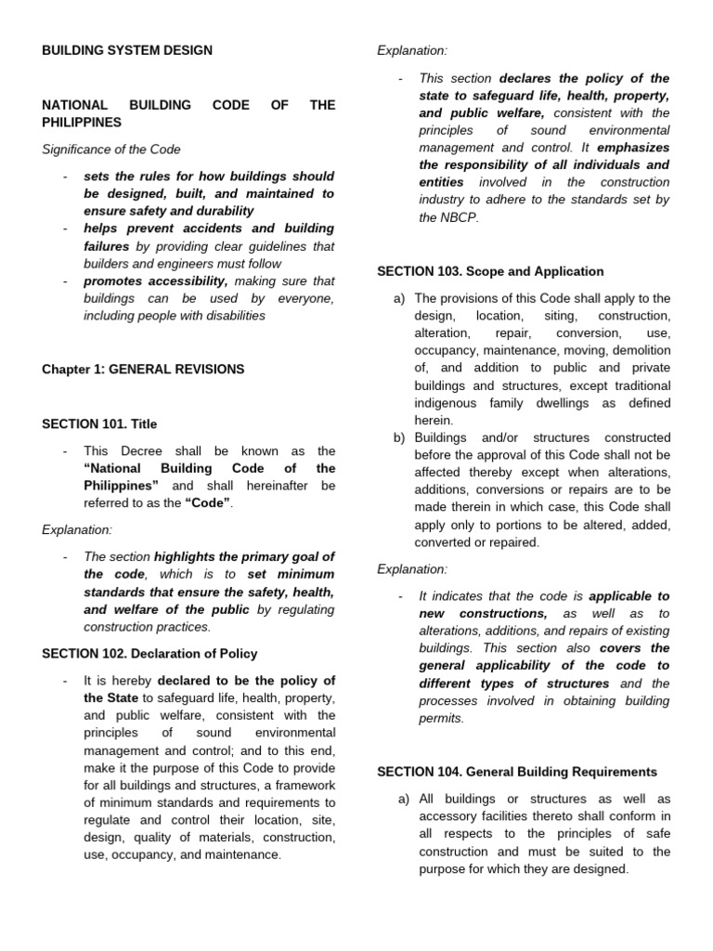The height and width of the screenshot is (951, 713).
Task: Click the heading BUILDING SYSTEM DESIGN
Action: click(x=127, y=50)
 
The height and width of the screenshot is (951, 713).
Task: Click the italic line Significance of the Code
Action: click(x=111, y=149)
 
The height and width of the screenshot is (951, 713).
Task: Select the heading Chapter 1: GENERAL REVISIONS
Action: click(x=143, y=369)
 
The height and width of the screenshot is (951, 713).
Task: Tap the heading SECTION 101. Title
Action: click(x=99, y=423)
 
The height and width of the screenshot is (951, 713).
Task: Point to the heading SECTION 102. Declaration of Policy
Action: click(x=149, y=654)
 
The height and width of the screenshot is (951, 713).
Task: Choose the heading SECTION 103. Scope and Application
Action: click(x=490, y=271)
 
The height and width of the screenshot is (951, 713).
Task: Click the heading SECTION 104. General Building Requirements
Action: click(x=517, y=772)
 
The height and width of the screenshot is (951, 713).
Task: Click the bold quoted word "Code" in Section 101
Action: click(x=208, y=503)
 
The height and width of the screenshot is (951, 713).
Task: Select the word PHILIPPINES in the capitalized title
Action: click(x=82, y=122)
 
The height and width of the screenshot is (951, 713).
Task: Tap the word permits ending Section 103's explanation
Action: click(x=442, y=718)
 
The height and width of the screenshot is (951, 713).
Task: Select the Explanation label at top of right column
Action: click(x=412, y=51)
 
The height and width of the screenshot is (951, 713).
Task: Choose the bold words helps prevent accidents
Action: click(x=160, y=228)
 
